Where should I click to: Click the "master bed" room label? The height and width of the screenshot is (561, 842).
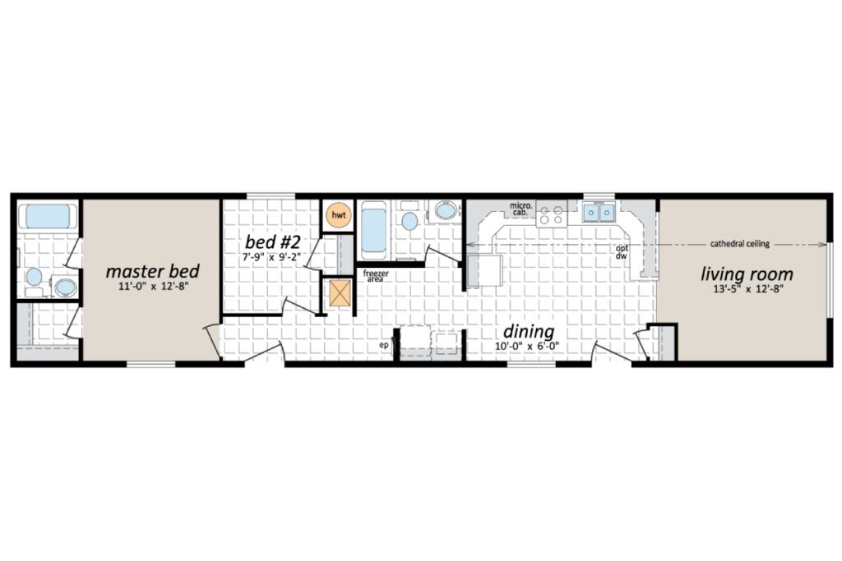[x=152, y=271]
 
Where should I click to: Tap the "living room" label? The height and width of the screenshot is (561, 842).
[x=747, y=274]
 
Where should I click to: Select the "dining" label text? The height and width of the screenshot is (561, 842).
[x=529, y=332]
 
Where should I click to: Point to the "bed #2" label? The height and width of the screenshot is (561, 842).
[x=272, y=241]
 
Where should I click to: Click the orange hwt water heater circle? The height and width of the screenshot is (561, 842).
[x=339, y=215]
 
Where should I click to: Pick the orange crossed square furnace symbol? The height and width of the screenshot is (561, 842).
[x=340, y=293]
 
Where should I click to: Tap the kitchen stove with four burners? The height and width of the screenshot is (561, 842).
[x=552, y=214]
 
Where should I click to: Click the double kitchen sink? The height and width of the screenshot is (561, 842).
[x=599, y=213]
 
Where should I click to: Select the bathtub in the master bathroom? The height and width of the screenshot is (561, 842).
[x=44, y=217]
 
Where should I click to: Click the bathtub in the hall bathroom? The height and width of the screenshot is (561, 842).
[x=373, y=230]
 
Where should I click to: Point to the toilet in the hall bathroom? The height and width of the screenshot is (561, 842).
[x=409, y=216]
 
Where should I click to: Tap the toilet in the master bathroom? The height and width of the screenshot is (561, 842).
[x=34, y=281]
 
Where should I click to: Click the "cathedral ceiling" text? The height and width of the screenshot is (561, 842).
[x=739, y=244]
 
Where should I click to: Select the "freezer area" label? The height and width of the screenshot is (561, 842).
[x=376, y=276]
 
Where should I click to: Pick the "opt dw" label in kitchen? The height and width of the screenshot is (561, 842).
[x=622, y=252]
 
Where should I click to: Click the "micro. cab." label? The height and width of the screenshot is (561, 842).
[x=520, y=209]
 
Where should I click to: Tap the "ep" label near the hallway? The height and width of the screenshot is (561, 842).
[x=384, y=346]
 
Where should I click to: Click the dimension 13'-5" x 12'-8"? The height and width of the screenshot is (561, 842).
[x=747, y=290]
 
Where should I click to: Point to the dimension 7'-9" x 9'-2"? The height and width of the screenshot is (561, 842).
[x=271, y=257]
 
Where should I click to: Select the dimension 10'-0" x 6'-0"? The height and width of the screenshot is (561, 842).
[x=527, y=347]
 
